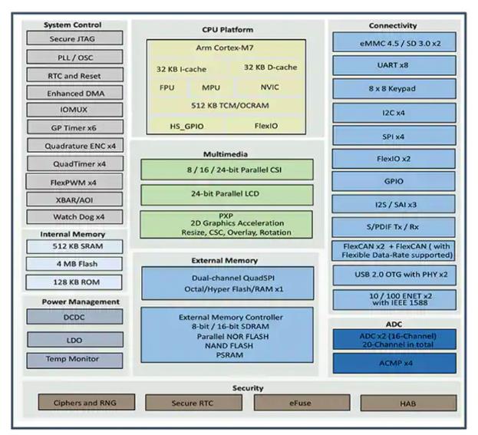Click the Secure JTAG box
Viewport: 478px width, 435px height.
click(x=74, y=39)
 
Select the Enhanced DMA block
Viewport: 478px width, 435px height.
click(x=74, y=93)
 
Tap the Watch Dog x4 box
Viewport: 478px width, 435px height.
click(x=74, y=217)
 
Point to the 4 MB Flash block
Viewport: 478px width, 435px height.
click(x=74, y=264)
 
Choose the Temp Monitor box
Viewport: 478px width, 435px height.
click(x=74, y=359)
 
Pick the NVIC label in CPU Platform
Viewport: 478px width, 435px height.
click(x=270, y=87)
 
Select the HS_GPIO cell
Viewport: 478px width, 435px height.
click(x=186, y=124)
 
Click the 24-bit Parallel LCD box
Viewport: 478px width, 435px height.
click(x=226, y=194)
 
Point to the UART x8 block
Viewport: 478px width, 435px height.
click(x=393, y=66)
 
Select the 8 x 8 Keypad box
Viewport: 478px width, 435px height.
click(x=393, y=88)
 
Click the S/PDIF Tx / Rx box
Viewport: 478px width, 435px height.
click(x=393, y=229)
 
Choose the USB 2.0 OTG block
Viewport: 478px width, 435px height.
click(x=393, y=275)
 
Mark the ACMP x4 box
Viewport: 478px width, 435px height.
click(x=393, y=363)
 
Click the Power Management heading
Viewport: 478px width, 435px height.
click(x=74, y=302)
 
